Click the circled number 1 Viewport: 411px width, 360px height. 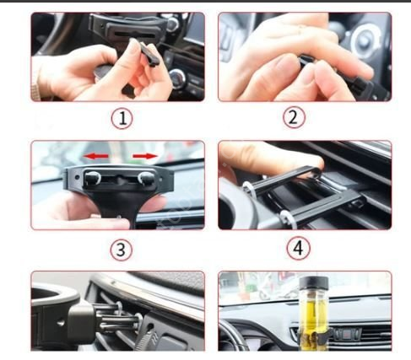tap(122, 118)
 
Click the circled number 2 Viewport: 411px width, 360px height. tap(294, 117)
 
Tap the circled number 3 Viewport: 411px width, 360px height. tap(121, 250)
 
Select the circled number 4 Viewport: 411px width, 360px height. tap(298, 248)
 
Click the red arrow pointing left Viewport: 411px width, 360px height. tap(96, 156)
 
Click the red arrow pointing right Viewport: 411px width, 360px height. tap(145, 156)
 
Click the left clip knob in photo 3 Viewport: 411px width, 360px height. tap(92, 178)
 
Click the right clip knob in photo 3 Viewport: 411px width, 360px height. tap(146, 178)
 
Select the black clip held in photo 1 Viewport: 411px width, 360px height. tap(149, 55)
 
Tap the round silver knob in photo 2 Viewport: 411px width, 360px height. tap(365, 41)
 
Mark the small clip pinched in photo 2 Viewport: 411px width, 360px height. tap(305, 62)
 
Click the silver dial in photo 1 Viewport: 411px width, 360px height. tap(178, 78)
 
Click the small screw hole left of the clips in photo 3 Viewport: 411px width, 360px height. tap(77, 178)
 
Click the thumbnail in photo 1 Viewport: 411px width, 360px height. tap(132, 45)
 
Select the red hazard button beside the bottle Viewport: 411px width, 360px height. tap(348, 334)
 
